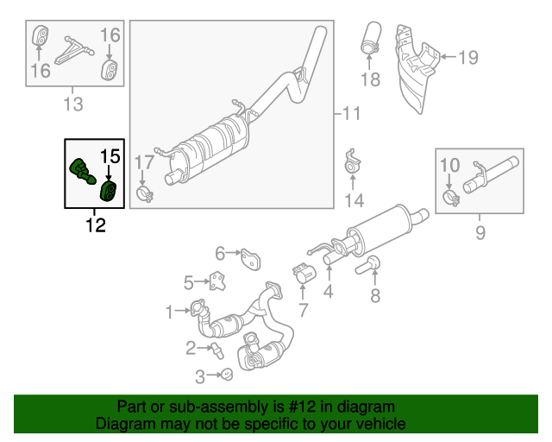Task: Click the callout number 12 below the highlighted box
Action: coord(95,226)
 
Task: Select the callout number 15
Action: coord(110,156)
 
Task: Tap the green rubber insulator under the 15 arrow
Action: coord(110,190)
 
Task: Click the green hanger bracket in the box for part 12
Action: coord(80,169)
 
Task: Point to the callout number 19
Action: coord(467,58)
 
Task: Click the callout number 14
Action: coord(354,201)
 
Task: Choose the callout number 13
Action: coord(73,104)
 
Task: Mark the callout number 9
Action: coord(480,231)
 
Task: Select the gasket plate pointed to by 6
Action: coord(251,256)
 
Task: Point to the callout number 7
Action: coord(303,308)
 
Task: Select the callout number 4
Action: coord(329,292)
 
